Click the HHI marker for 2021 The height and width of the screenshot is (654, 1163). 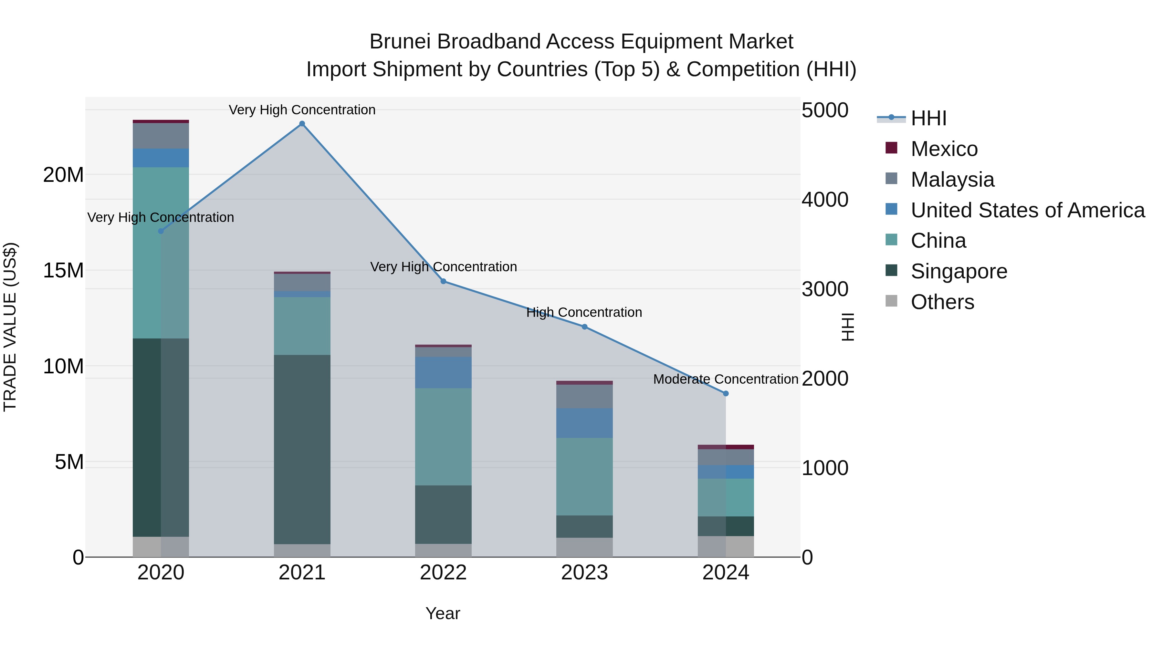(x=302, y=124)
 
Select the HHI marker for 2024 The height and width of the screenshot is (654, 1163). (x=726, y=394)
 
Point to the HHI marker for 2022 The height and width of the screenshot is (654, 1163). (x=443, y=281)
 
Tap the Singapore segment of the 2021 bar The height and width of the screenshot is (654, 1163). (x=302, y=449)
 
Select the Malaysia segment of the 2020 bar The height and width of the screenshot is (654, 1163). (x=161, y=136)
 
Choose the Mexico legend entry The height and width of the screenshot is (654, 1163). (x=944, y=149)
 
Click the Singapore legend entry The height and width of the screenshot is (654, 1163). (x=959, y=271)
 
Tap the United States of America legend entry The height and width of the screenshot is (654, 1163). (x=1027, y=210)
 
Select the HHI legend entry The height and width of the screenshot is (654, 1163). (x=928, y=118)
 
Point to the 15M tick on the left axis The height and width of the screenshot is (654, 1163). (x=63, y=270)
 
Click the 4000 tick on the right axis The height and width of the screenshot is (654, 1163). (x=825, y=200)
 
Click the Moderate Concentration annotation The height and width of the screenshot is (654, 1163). (x=726, y=379)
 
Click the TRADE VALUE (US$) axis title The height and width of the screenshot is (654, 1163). (x=10, y=327)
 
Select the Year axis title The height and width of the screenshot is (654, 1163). (x=443, y=613)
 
